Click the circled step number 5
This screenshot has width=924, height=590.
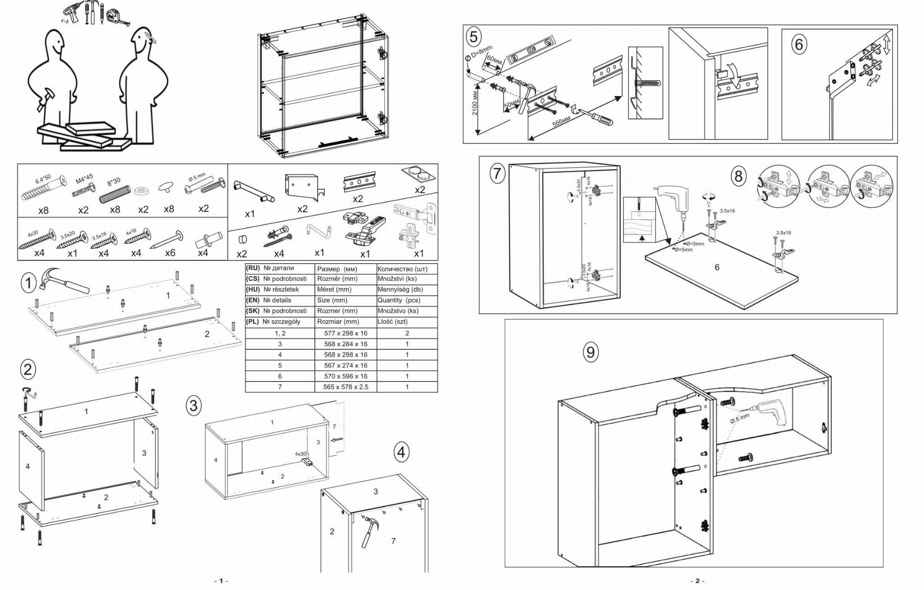tap(473, 37)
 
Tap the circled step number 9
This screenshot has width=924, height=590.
tap(591, 352)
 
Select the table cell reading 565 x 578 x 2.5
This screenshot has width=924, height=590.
tap(346, 387)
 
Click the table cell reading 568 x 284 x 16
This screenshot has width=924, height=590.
tap(346, 344)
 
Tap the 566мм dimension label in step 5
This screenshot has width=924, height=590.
tap(561, 122)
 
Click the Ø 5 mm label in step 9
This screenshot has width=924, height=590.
tap(739, 419)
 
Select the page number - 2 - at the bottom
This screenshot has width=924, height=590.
tap(697, 581)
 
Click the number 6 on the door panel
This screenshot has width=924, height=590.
tap(717, 267)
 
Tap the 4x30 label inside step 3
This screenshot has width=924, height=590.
tap(300, 454)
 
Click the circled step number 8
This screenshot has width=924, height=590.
tap(739, 176)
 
